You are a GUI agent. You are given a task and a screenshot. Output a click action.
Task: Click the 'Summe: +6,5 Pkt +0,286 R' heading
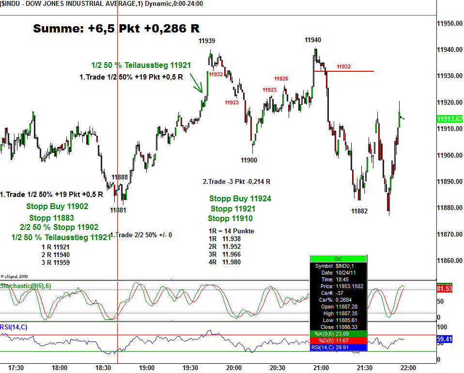click(x=116, y=29)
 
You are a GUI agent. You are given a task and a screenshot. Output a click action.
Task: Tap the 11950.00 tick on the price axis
click(x=449, y=23)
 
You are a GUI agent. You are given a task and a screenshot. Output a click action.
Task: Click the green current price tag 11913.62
click(x=449, y=119)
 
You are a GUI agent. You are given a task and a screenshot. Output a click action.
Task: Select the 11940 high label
click(x=312, y=40)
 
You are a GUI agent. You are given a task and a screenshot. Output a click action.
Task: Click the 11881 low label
click(x=118, y=210)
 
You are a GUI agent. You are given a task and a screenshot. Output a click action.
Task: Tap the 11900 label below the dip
click(x=249, y=160)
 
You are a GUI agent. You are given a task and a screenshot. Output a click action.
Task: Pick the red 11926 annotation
click(x=281, y=79)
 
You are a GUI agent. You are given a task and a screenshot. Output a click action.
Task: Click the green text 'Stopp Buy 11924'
click(x=240, y=198)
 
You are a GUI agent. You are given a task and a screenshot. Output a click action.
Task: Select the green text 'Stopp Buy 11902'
click(x=57, y=206)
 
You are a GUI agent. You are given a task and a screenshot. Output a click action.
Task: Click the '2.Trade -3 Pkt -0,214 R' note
click(x=236, y=181)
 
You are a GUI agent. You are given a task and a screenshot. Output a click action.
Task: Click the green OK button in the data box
click(x=338, y=259)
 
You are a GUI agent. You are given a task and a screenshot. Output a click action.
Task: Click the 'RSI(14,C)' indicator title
click(x=14, y=327)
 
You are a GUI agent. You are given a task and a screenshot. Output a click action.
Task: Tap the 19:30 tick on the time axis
click(x=190, y=368)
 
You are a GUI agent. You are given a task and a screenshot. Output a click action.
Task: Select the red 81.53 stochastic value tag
click(x=445, y=289)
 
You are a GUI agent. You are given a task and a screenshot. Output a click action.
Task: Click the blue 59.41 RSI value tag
click(x=445, y=340)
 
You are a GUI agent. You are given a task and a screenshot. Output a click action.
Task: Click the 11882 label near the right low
click(x=359, y=211)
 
